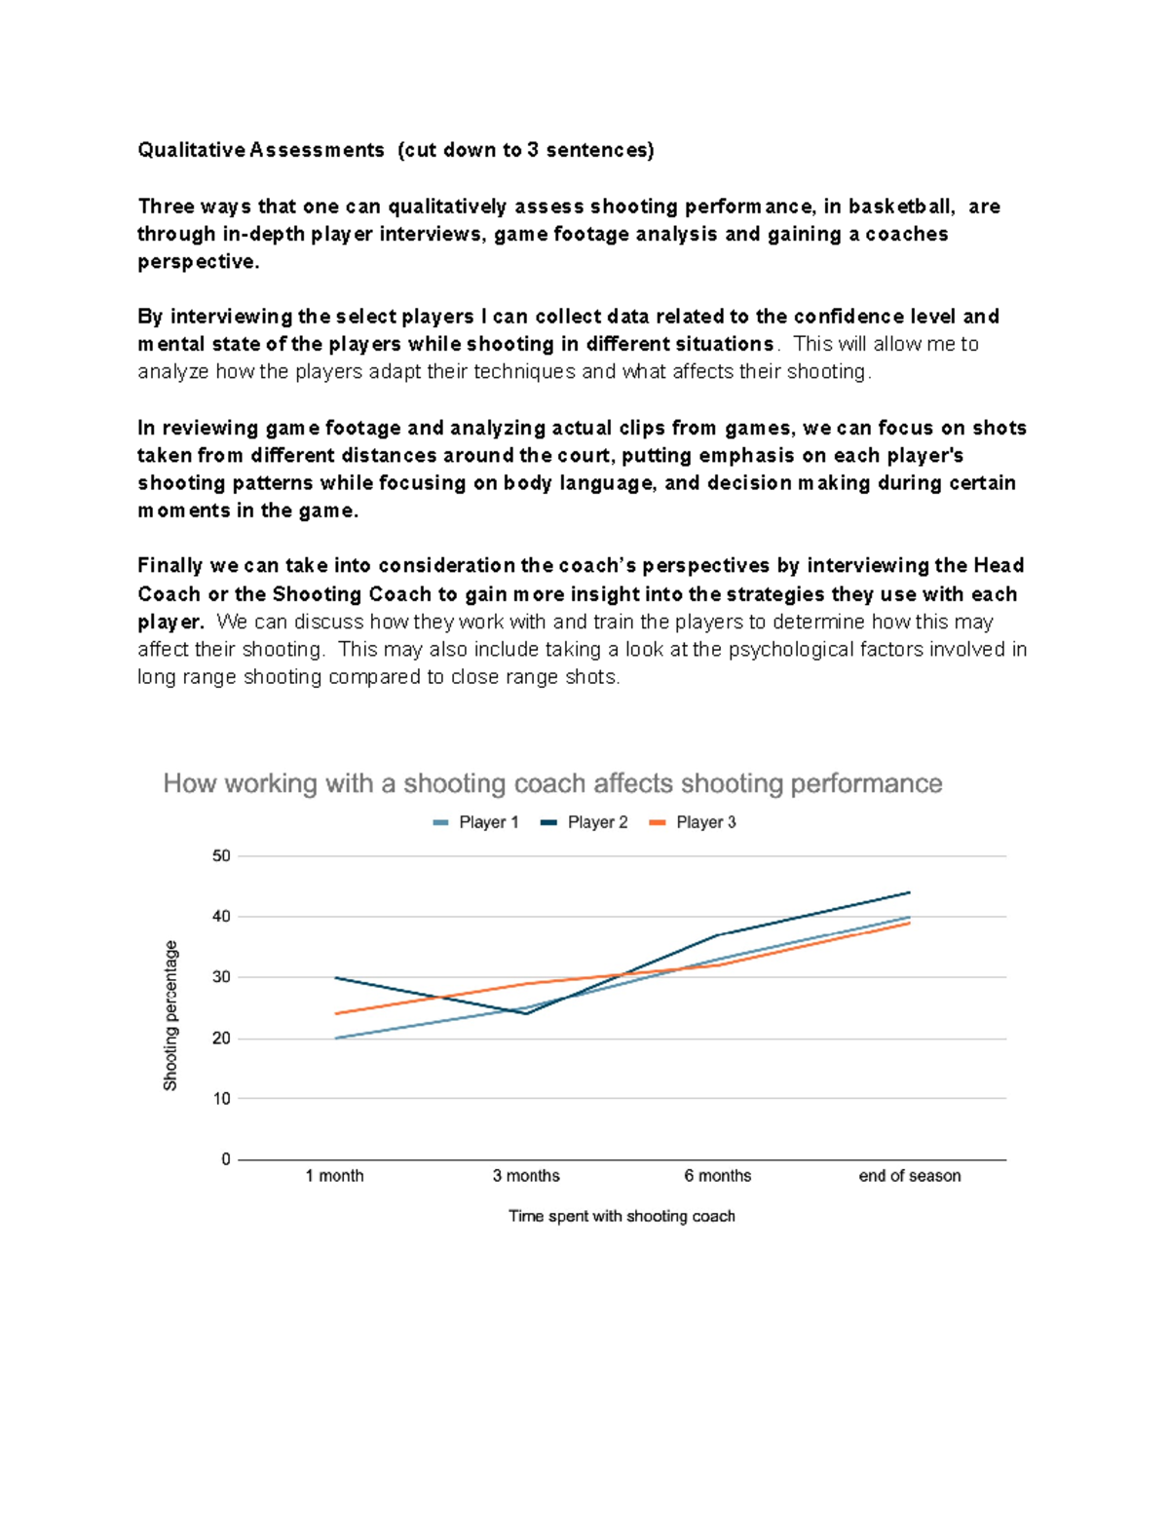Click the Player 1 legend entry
476,822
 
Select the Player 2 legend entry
585,822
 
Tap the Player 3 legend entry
694,822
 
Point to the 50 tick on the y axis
221,856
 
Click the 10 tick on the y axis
221,1099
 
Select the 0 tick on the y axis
226,1159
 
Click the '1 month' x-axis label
334,1176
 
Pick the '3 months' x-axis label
526,1176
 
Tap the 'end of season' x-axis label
909,1176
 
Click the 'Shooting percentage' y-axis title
170,1015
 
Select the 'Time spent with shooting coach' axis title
622,1216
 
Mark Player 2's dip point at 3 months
526,1014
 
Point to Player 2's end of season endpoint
909,892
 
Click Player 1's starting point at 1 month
335,1039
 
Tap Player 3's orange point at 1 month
335,1014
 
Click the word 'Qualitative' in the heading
191,150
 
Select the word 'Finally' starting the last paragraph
170,566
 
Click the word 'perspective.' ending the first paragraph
198,262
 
